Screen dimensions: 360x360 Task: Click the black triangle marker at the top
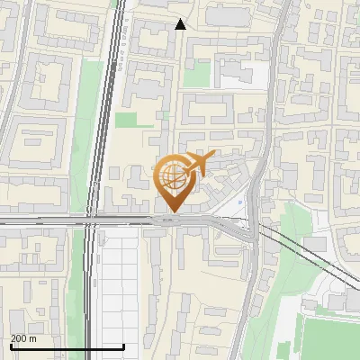pos(180,24)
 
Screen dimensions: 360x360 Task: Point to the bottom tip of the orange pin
pos(171,211)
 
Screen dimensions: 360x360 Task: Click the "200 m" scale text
pos(23,338)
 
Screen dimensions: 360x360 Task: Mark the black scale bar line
pos(67,346)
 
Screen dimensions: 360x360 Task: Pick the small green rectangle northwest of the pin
pos(126,119)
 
